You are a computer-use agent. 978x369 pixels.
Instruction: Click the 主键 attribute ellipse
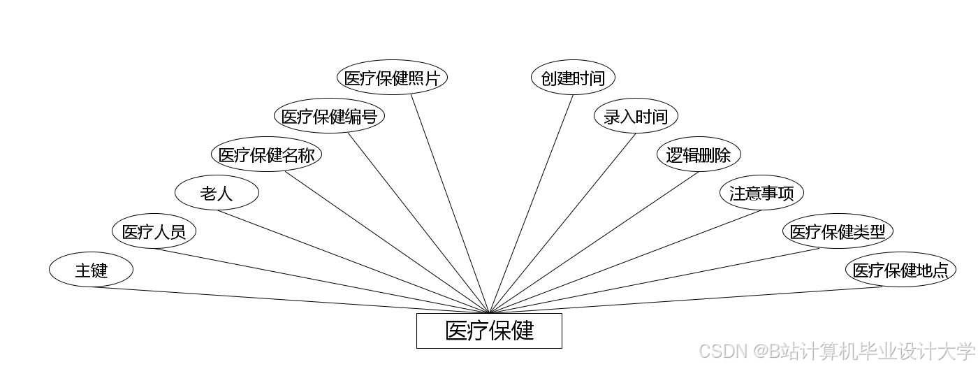(91, 270)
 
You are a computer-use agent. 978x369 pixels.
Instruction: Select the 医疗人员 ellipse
(154, 231)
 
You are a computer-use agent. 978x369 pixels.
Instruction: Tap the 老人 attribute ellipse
(217, 193)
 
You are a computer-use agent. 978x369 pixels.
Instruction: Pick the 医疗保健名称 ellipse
(266, 154)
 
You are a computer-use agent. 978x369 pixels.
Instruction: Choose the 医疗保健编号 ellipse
(329, 116)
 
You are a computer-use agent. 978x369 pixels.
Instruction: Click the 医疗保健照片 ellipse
(392, 78)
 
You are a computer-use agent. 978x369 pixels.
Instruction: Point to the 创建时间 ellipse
(573, 78)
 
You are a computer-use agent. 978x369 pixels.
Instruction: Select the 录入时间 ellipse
(636, 116)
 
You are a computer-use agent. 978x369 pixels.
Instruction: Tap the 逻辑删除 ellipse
(699, 154)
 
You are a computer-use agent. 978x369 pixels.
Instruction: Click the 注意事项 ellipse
(761, 193)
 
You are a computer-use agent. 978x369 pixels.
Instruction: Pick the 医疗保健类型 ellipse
(838, 231)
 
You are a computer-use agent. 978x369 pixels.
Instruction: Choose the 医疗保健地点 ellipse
(900, 270)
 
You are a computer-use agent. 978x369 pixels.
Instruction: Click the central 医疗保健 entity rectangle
(489, 331)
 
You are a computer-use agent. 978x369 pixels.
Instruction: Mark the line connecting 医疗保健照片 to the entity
(450, 203)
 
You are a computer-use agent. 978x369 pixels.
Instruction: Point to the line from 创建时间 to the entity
(532, 203)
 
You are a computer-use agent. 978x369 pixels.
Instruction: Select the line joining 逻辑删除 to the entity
(594, 242)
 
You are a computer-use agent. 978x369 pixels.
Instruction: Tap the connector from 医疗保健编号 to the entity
(418, 222)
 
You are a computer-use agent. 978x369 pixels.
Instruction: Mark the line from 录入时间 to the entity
(563, 222)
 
